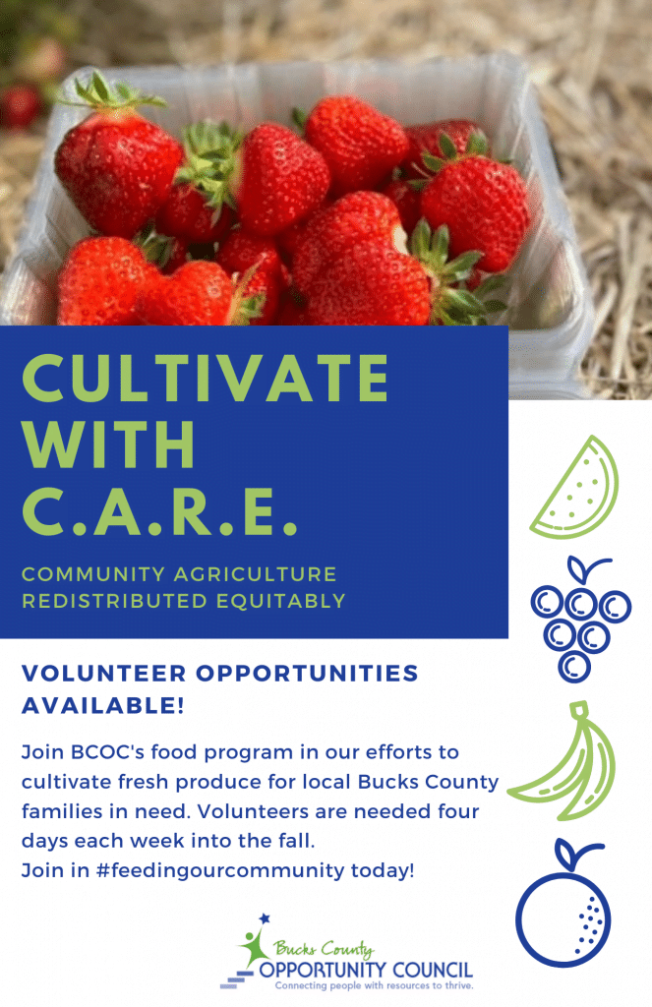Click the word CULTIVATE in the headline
click(205, 378)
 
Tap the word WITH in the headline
click(108, 445)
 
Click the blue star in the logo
click(263, 918)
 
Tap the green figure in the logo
click(254, 945)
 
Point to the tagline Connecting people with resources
click(374, 984)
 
